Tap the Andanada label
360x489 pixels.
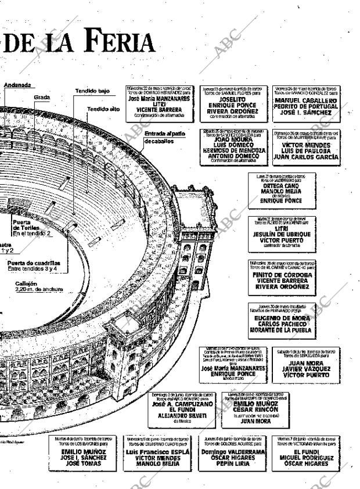pyautogui.click(x=17, y=85)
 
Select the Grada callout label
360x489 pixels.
pyautogui.click(x=41, y=97)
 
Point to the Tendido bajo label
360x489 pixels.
pyautogui.click(x=92, y=91)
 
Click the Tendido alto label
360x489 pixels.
pyautogui.click(x=103, y=109)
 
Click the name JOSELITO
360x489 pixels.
pyautogui.click(x=232, y=99)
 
